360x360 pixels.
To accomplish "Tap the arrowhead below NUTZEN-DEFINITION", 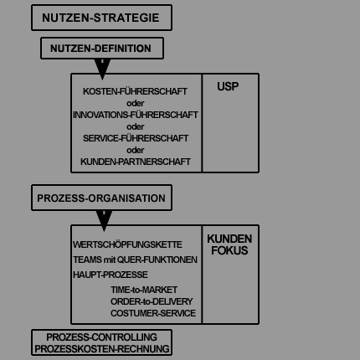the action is coord(102,69).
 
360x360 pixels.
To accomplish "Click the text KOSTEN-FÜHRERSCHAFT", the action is coord(135,91).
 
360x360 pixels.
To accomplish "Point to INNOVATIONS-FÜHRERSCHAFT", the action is coord(136,115).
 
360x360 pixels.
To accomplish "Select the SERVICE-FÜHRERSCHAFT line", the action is coord(136,138).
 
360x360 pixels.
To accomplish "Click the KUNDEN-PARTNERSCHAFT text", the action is coord(136,162).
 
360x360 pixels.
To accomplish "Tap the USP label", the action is coord(228,86).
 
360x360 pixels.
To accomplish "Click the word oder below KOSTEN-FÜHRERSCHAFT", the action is coord(136,103).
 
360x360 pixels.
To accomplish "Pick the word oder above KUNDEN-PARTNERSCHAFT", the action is coord(136,150).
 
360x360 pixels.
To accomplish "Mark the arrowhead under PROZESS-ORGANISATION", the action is coord(104,221).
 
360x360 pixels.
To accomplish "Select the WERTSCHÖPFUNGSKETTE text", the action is coord(127,244).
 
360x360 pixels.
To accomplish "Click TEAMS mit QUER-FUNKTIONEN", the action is coord(135,260).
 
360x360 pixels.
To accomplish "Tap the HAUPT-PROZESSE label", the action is coord(111,275).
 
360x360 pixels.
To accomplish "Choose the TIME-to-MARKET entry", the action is coord(144,290).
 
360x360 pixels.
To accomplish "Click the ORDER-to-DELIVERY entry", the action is coord(152,301).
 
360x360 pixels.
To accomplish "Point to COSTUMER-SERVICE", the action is coord(153,313).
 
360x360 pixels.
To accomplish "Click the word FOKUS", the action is coord(229,250).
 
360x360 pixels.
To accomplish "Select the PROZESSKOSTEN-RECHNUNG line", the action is coord(102,349).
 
